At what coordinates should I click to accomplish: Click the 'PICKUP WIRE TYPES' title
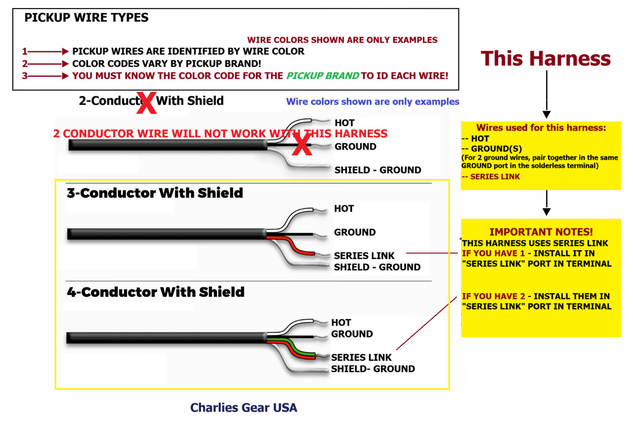click(86, 18)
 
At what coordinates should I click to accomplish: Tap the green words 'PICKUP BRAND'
click(322, 76)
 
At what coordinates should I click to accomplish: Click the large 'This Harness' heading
click(546, 59)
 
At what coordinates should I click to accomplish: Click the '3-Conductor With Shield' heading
click(155, 193)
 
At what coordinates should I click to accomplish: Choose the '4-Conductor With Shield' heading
click(155, 292)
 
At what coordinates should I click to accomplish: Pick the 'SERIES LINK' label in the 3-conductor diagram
click(364, 256)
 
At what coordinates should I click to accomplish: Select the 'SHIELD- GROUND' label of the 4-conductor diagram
click(373, 369)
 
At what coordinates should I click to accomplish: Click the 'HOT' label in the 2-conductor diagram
click(344, 123)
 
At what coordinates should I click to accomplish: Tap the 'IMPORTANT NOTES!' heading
click(541, 232)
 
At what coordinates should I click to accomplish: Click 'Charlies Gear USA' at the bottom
click(243, 407)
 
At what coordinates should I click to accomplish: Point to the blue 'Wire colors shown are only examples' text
click(372, 102)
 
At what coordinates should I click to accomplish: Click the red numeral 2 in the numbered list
click(25, 64)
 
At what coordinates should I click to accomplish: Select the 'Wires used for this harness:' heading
click(541, 128)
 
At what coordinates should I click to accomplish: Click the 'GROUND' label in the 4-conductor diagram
click(352, 334)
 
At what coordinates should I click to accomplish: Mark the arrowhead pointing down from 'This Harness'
click(546, 115)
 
